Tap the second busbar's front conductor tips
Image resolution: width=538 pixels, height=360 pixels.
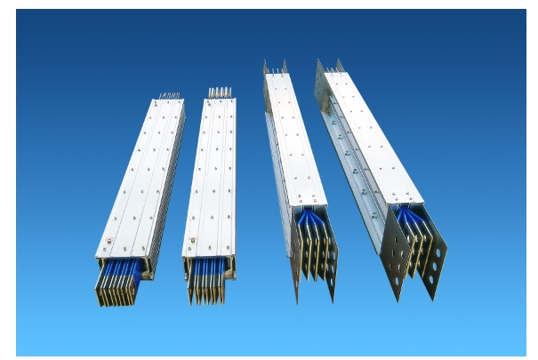pos(206,285)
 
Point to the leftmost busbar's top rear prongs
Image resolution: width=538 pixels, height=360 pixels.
pos(169,95)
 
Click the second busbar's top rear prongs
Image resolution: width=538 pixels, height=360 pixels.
pos(219,91)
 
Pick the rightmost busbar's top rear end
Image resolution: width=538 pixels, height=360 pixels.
pos(327,66)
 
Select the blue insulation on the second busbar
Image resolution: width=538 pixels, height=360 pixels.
pos(210,263)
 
